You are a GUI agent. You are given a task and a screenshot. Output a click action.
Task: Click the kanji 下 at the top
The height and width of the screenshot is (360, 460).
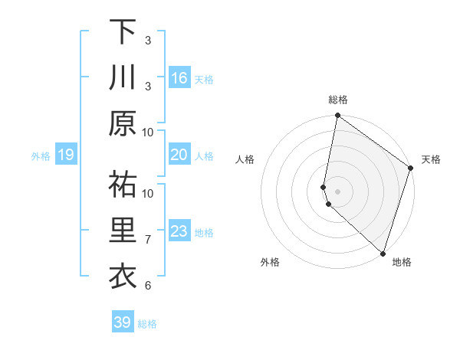point(123,32)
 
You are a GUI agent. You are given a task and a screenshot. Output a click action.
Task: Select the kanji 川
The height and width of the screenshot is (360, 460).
point(123,79)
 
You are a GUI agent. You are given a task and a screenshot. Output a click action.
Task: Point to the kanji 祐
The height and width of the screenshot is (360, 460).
point(123,185)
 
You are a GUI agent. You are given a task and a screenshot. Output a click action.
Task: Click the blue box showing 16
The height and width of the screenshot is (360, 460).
point(179,78)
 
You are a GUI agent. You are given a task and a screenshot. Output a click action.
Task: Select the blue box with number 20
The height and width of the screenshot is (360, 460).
point(179,155)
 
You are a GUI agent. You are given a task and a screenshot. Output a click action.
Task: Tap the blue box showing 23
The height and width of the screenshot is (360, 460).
point(179,231)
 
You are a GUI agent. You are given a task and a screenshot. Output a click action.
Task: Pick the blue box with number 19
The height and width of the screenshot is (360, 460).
point(65,155)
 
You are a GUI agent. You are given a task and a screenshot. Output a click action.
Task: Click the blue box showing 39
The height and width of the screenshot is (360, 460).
point(123,322)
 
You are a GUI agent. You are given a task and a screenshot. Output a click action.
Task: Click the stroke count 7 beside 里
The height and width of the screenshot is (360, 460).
point(148,240)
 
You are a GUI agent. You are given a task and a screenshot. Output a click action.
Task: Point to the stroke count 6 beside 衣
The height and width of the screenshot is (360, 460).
point(148,286)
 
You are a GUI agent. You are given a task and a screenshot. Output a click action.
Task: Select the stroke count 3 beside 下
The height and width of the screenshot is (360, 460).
point(148,40)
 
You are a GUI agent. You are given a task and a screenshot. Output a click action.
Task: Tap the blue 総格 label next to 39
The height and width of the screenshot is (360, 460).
point(147,324)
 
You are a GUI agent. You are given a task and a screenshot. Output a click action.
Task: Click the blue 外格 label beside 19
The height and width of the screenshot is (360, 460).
point(41,156)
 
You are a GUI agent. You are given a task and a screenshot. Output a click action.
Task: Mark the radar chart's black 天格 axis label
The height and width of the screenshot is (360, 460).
point(431,159)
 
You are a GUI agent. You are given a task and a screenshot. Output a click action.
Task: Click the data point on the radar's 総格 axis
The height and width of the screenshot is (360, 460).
point(337,116)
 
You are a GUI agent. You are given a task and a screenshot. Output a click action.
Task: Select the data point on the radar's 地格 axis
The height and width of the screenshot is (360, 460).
point(383,253)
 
